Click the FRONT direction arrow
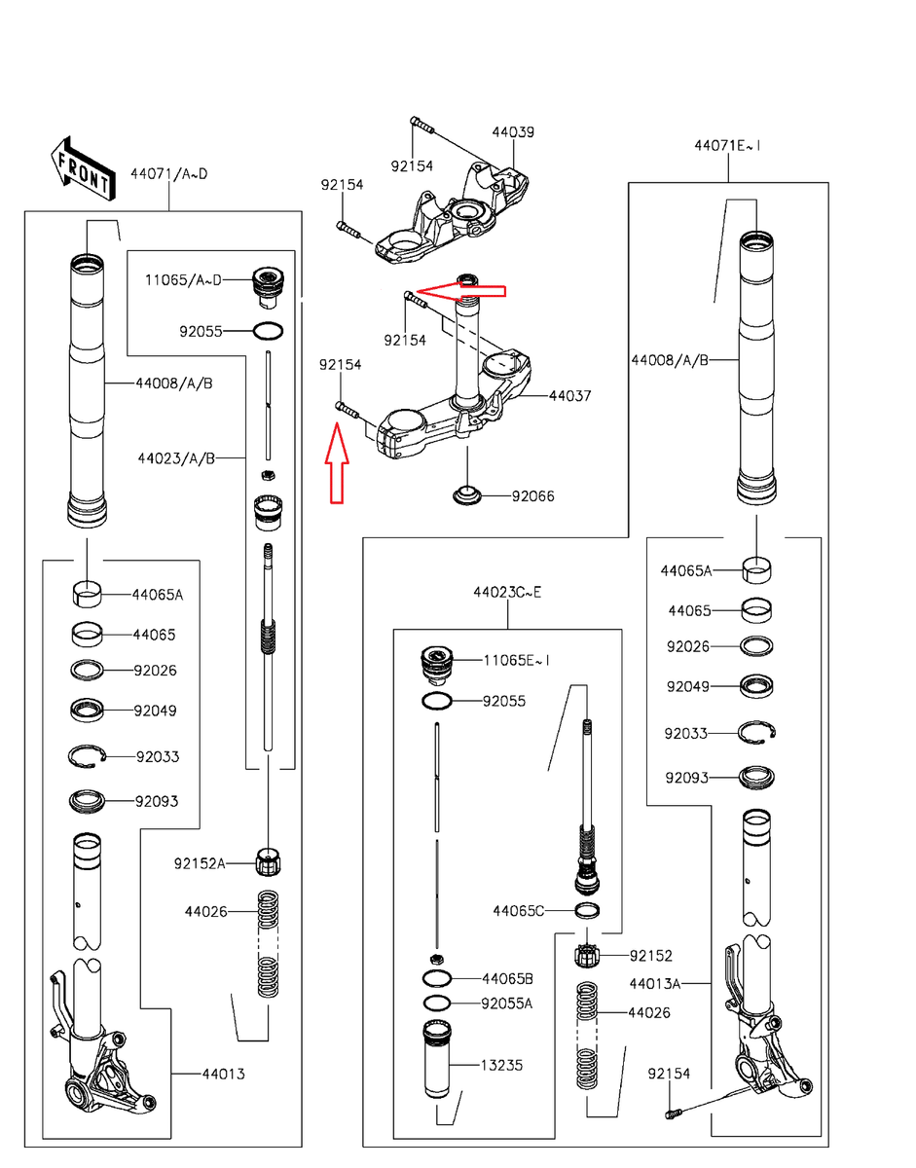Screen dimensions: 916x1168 83,168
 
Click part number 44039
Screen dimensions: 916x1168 513,132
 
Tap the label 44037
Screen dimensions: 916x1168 569,396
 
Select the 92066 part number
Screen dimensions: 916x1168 532,496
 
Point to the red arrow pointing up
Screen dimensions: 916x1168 337,462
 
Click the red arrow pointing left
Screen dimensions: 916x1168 461,291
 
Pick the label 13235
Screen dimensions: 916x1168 501,1065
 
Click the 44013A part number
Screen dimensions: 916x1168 655,984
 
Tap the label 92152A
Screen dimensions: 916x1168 200,863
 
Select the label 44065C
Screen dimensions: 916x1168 518,910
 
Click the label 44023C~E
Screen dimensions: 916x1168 507,593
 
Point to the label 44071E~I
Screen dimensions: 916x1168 727,146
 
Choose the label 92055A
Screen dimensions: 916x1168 506,1004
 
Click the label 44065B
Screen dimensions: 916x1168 507,979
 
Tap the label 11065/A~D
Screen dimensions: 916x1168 183,280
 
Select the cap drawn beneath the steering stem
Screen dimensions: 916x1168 466,494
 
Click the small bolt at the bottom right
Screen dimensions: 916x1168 673,1113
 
